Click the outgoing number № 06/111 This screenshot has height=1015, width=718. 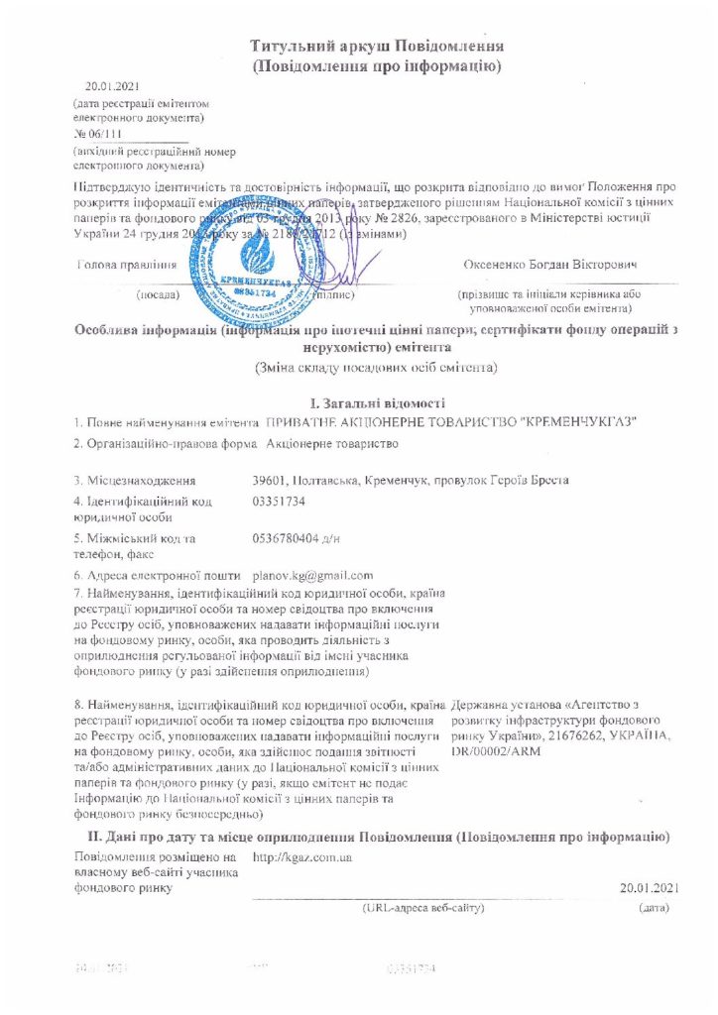[x=101, y=134]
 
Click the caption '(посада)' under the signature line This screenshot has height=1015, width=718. [x=157, y=294]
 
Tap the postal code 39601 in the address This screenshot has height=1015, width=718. [x=273, y=481]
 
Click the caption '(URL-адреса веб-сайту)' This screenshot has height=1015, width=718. [x=423, y=907]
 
